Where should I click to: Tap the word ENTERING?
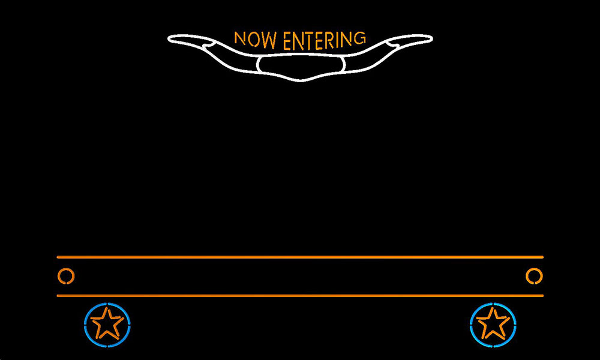324,41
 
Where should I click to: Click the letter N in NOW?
240,38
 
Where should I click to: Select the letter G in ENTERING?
359,38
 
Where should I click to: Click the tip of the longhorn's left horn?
169,38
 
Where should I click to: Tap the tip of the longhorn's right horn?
432,38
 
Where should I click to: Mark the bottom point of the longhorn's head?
301,81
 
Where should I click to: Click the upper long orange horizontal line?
300,257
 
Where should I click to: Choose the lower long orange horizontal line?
300,296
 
